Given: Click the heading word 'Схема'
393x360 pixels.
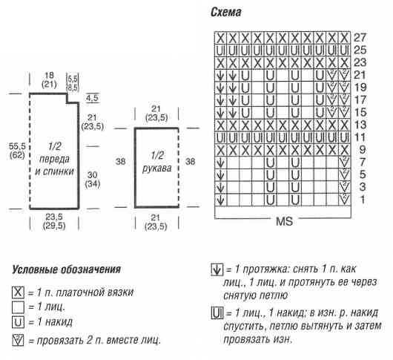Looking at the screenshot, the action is click(226, 12).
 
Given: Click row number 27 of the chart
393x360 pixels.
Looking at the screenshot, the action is click(360, 38).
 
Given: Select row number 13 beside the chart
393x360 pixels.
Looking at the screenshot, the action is click(360, 125).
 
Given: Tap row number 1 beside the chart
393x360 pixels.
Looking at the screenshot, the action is click(362, 200).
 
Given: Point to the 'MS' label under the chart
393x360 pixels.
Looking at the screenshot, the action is click(284, 221).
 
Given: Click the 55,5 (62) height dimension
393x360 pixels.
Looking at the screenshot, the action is click(17, 151).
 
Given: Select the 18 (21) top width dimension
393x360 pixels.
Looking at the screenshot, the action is click(49, 79).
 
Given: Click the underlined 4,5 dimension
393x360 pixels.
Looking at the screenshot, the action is click(92, 98).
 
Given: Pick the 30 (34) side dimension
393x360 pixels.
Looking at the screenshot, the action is click(93, 179).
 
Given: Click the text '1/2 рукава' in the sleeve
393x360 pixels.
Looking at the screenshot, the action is click(157, 162).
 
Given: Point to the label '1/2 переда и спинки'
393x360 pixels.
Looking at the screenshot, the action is click(54, 159).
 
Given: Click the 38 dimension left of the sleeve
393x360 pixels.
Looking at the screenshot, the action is click(120, 162).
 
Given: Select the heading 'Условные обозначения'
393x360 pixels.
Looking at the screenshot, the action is click(67, 269).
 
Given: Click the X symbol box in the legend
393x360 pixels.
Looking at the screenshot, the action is click(18, 292).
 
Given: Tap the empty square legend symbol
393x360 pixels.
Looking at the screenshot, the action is click(18, 307).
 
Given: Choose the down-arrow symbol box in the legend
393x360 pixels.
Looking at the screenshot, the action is click(217, 269).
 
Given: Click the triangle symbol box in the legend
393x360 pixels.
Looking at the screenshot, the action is click(18, 341).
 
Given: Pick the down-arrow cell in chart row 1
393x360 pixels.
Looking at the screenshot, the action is click(220, 200).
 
